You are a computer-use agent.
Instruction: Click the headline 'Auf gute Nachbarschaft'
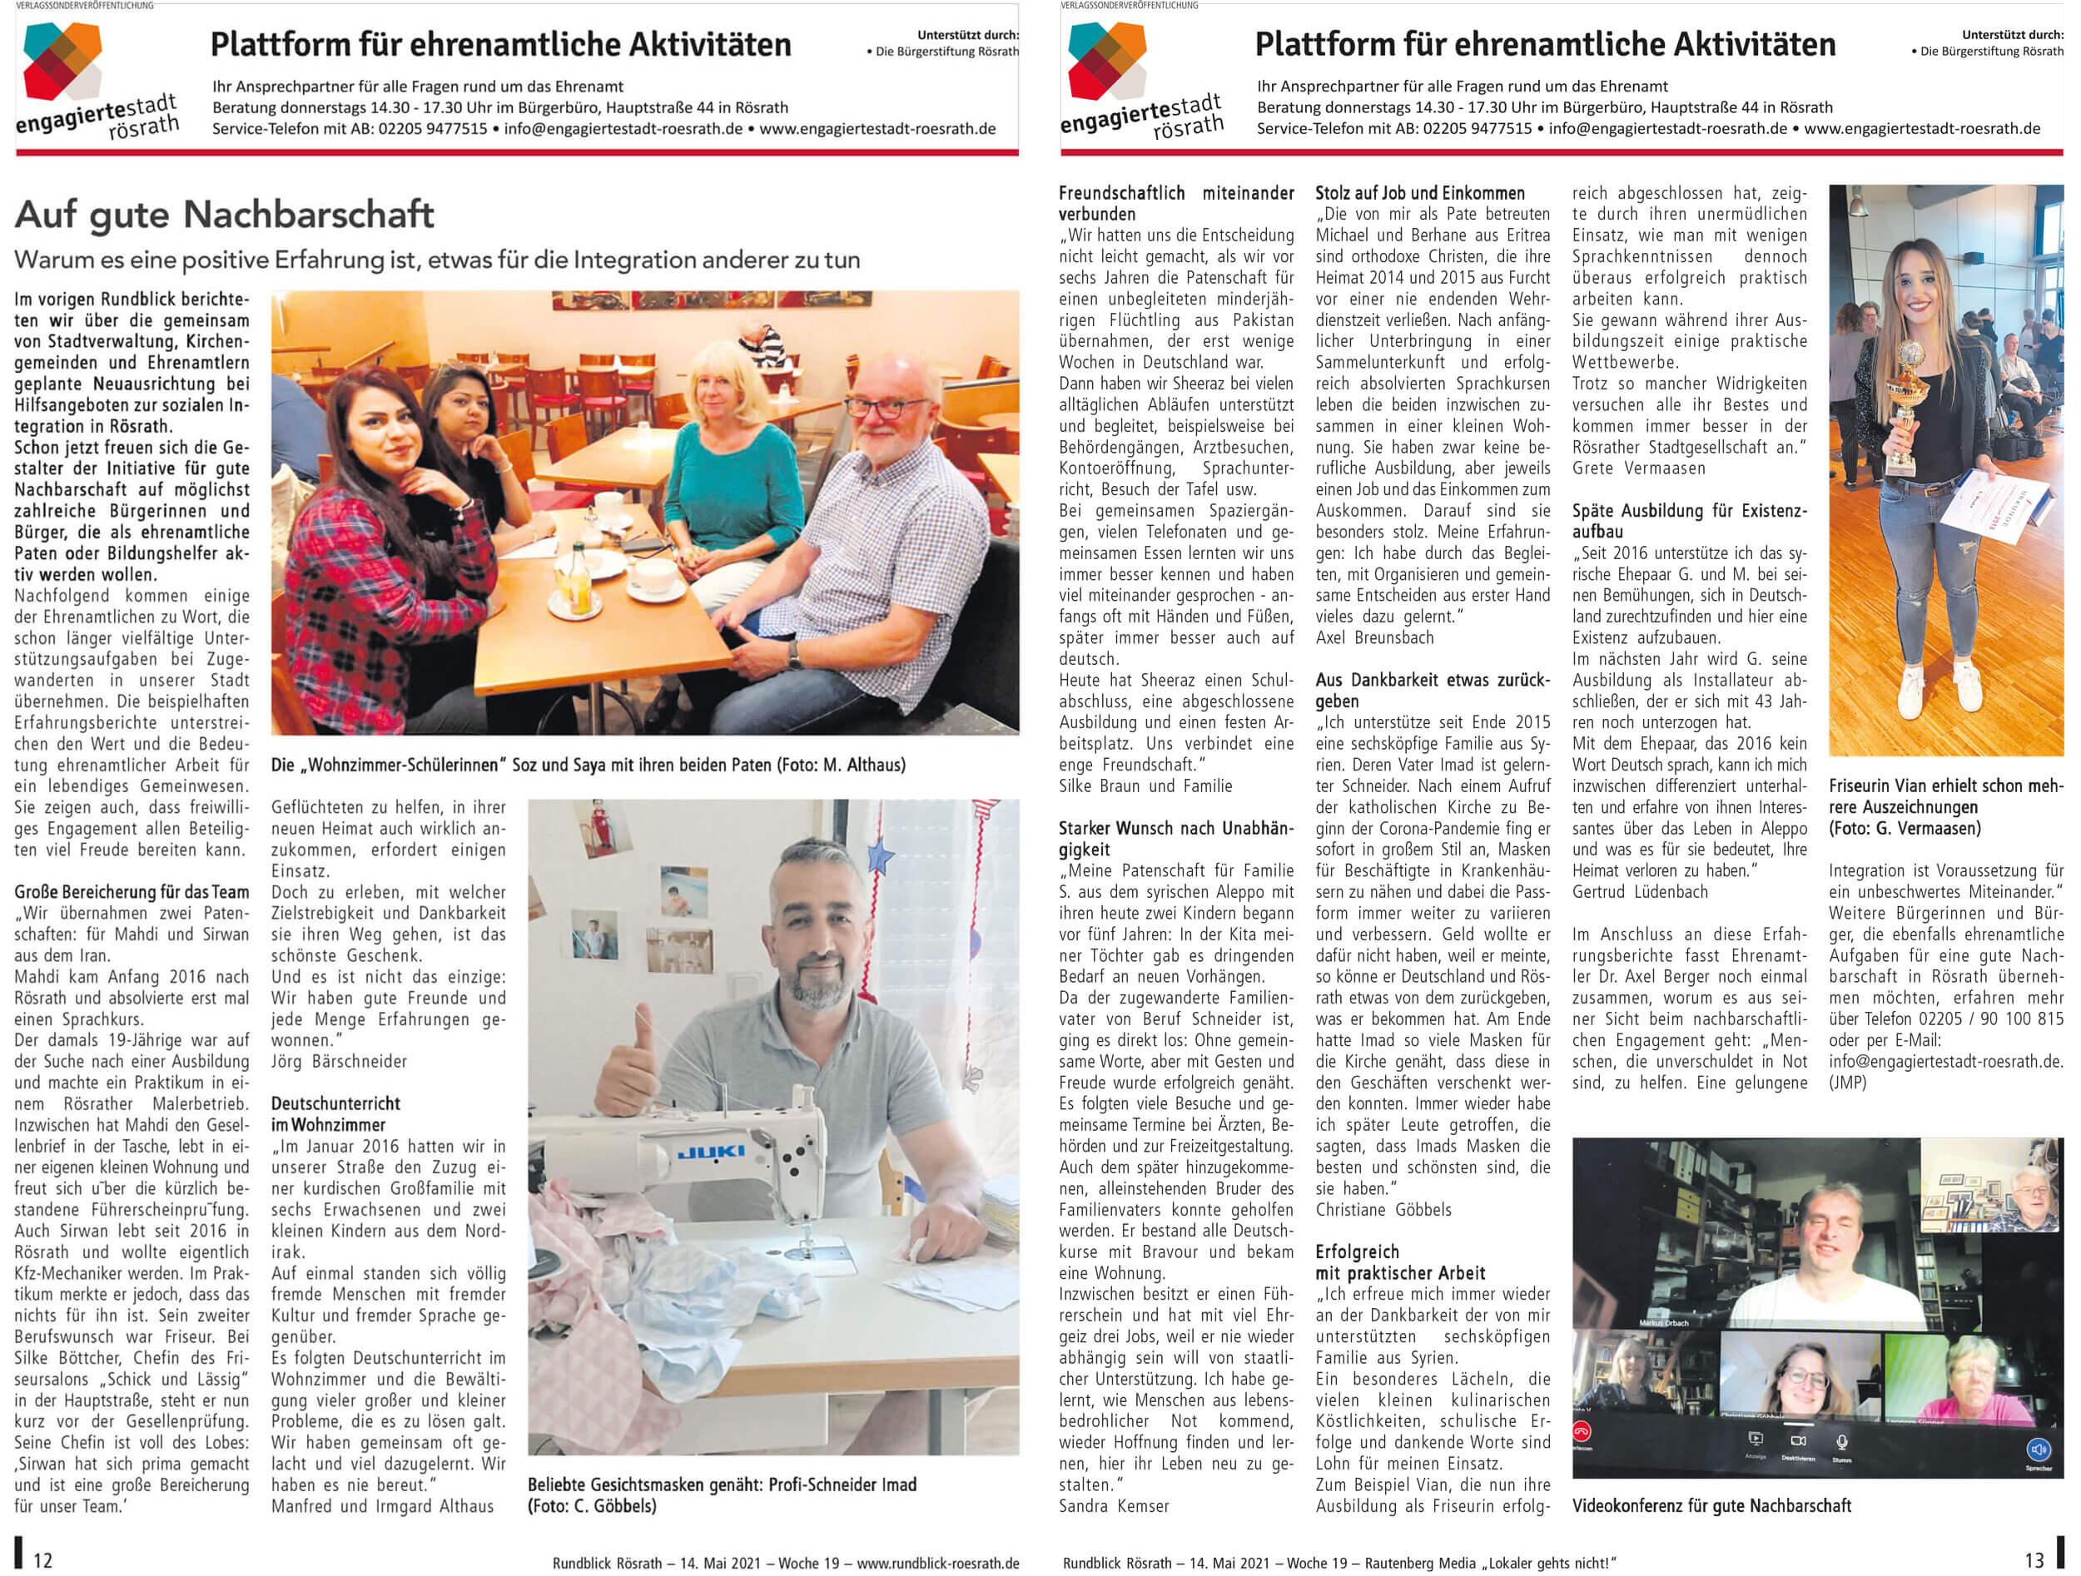(224, 216)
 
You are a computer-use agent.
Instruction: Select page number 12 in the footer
(42, 1560)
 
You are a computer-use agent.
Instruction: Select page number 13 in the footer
(2034, 1560)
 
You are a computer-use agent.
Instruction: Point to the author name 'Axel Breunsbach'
(1374, 637)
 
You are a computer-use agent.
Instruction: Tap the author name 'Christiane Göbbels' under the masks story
(1383, 1209)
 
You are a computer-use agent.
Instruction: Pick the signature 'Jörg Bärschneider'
(339, 1062)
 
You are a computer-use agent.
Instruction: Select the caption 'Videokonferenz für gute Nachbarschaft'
(1711, 1505)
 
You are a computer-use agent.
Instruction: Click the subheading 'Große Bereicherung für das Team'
(132, 891)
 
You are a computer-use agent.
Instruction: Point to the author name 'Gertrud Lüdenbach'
(1640, 891)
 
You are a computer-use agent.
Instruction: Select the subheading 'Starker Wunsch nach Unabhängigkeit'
(1176, 839)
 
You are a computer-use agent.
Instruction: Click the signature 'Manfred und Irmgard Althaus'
(382, 1505)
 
